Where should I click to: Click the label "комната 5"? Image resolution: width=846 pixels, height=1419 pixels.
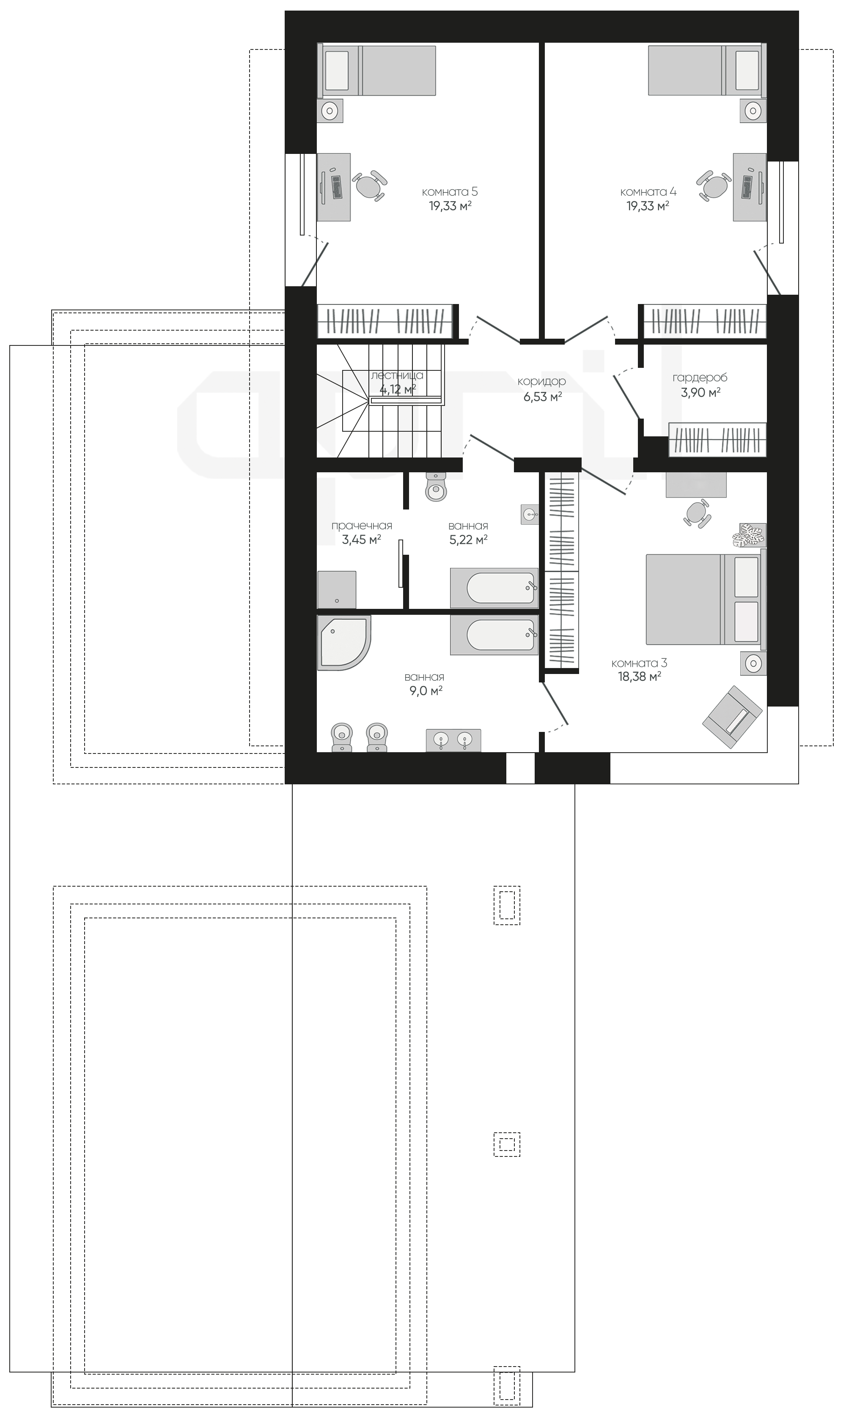click(x=450, y=192)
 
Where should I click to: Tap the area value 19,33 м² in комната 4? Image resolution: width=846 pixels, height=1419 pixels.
click(x=648, y=206)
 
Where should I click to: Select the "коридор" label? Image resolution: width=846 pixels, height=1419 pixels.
click(x=541, y=382)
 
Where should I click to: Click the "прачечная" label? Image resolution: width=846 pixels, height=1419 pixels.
click(x=362, y=526)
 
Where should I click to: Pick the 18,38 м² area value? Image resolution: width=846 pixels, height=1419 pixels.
click(x=639, y=677)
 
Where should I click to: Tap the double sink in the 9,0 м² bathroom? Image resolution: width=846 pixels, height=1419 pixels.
click(x=453, y=740)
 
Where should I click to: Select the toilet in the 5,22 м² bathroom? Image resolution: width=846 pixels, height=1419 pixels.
click(x=436, y=487)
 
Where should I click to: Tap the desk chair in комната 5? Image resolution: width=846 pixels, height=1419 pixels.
click(x=369, y=186)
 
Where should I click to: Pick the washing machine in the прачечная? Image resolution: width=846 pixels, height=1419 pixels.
click(x=337, y=590)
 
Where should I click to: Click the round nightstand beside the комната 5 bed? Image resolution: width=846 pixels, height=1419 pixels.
click(x=330, y=110)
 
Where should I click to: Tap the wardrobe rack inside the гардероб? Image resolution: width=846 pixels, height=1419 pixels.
click(x=717, y=439)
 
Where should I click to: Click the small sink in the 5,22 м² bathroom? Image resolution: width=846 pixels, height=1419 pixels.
click(x=530, y=514)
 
